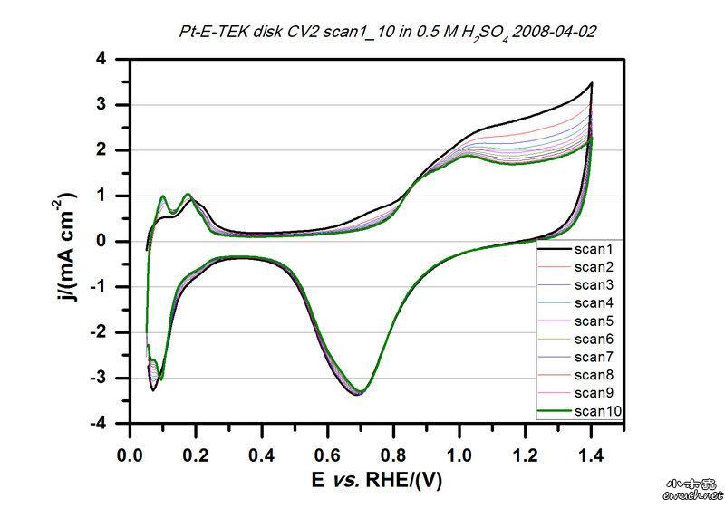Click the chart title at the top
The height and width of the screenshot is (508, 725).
coord(387,32)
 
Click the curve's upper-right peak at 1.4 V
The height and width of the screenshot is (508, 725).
coord(591,83)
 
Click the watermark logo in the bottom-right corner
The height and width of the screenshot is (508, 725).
coord(693,489)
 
